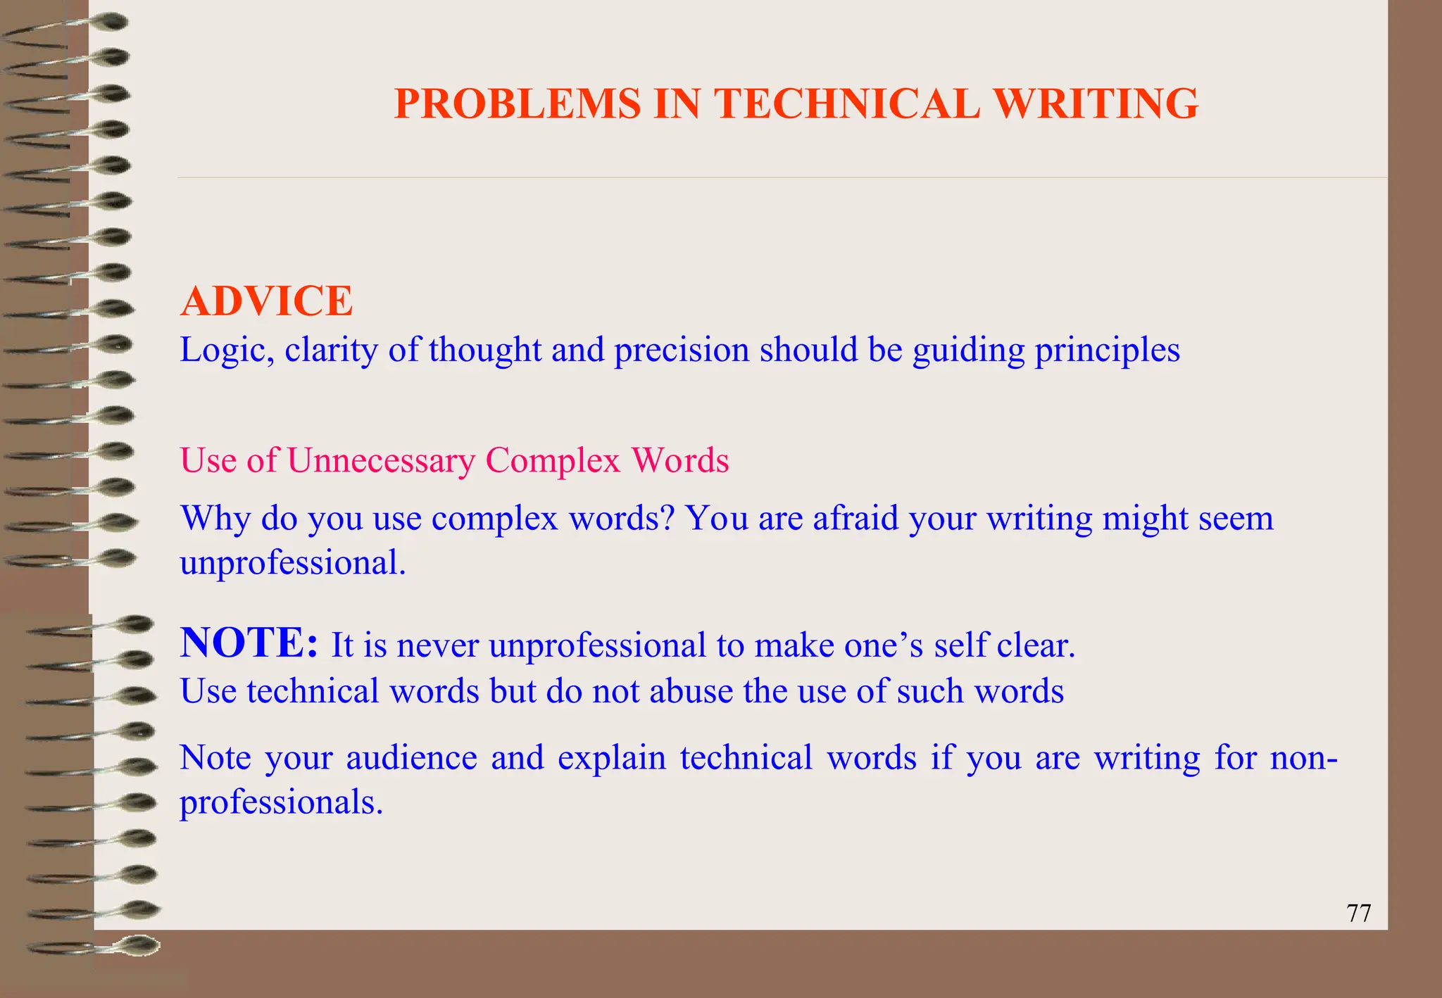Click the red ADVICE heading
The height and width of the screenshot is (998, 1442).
click(x=267, y=301)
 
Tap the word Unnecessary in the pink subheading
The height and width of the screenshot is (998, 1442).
click(x=381, y=461)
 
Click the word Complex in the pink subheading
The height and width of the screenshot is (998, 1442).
click(x=553, y=461)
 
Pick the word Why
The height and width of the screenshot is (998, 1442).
click(x=215, y=519)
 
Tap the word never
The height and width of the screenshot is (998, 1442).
click(x=437, y=645)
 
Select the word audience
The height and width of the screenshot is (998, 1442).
click(x=411, y=758)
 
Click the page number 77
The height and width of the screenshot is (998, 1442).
click(x=1358, y=913)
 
